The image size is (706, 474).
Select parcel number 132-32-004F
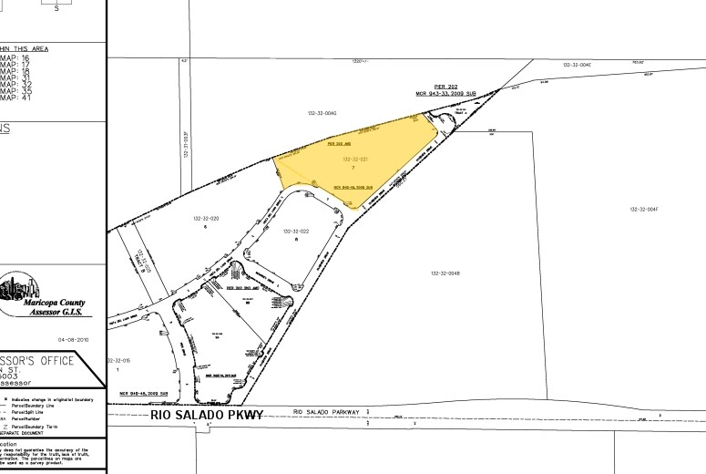pos(643,210)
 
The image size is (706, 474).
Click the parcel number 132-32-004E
pos(578,66)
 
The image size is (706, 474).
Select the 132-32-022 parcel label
pos(296,232)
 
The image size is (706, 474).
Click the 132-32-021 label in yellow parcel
pos(354,160)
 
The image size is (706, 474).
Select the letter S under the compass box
pos(56,7)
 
